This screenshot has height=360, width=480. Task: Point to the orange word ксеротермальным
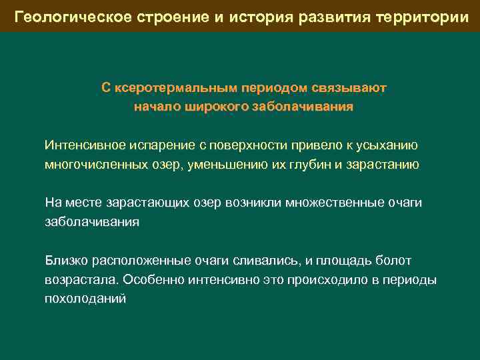click(177, 87)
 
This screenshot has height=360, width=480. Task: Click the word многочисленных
click(95, 165)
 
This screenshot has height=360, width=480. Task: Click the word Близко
click(65, 261)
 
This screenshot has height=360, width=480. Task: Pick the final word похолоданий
click(85, 299)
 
